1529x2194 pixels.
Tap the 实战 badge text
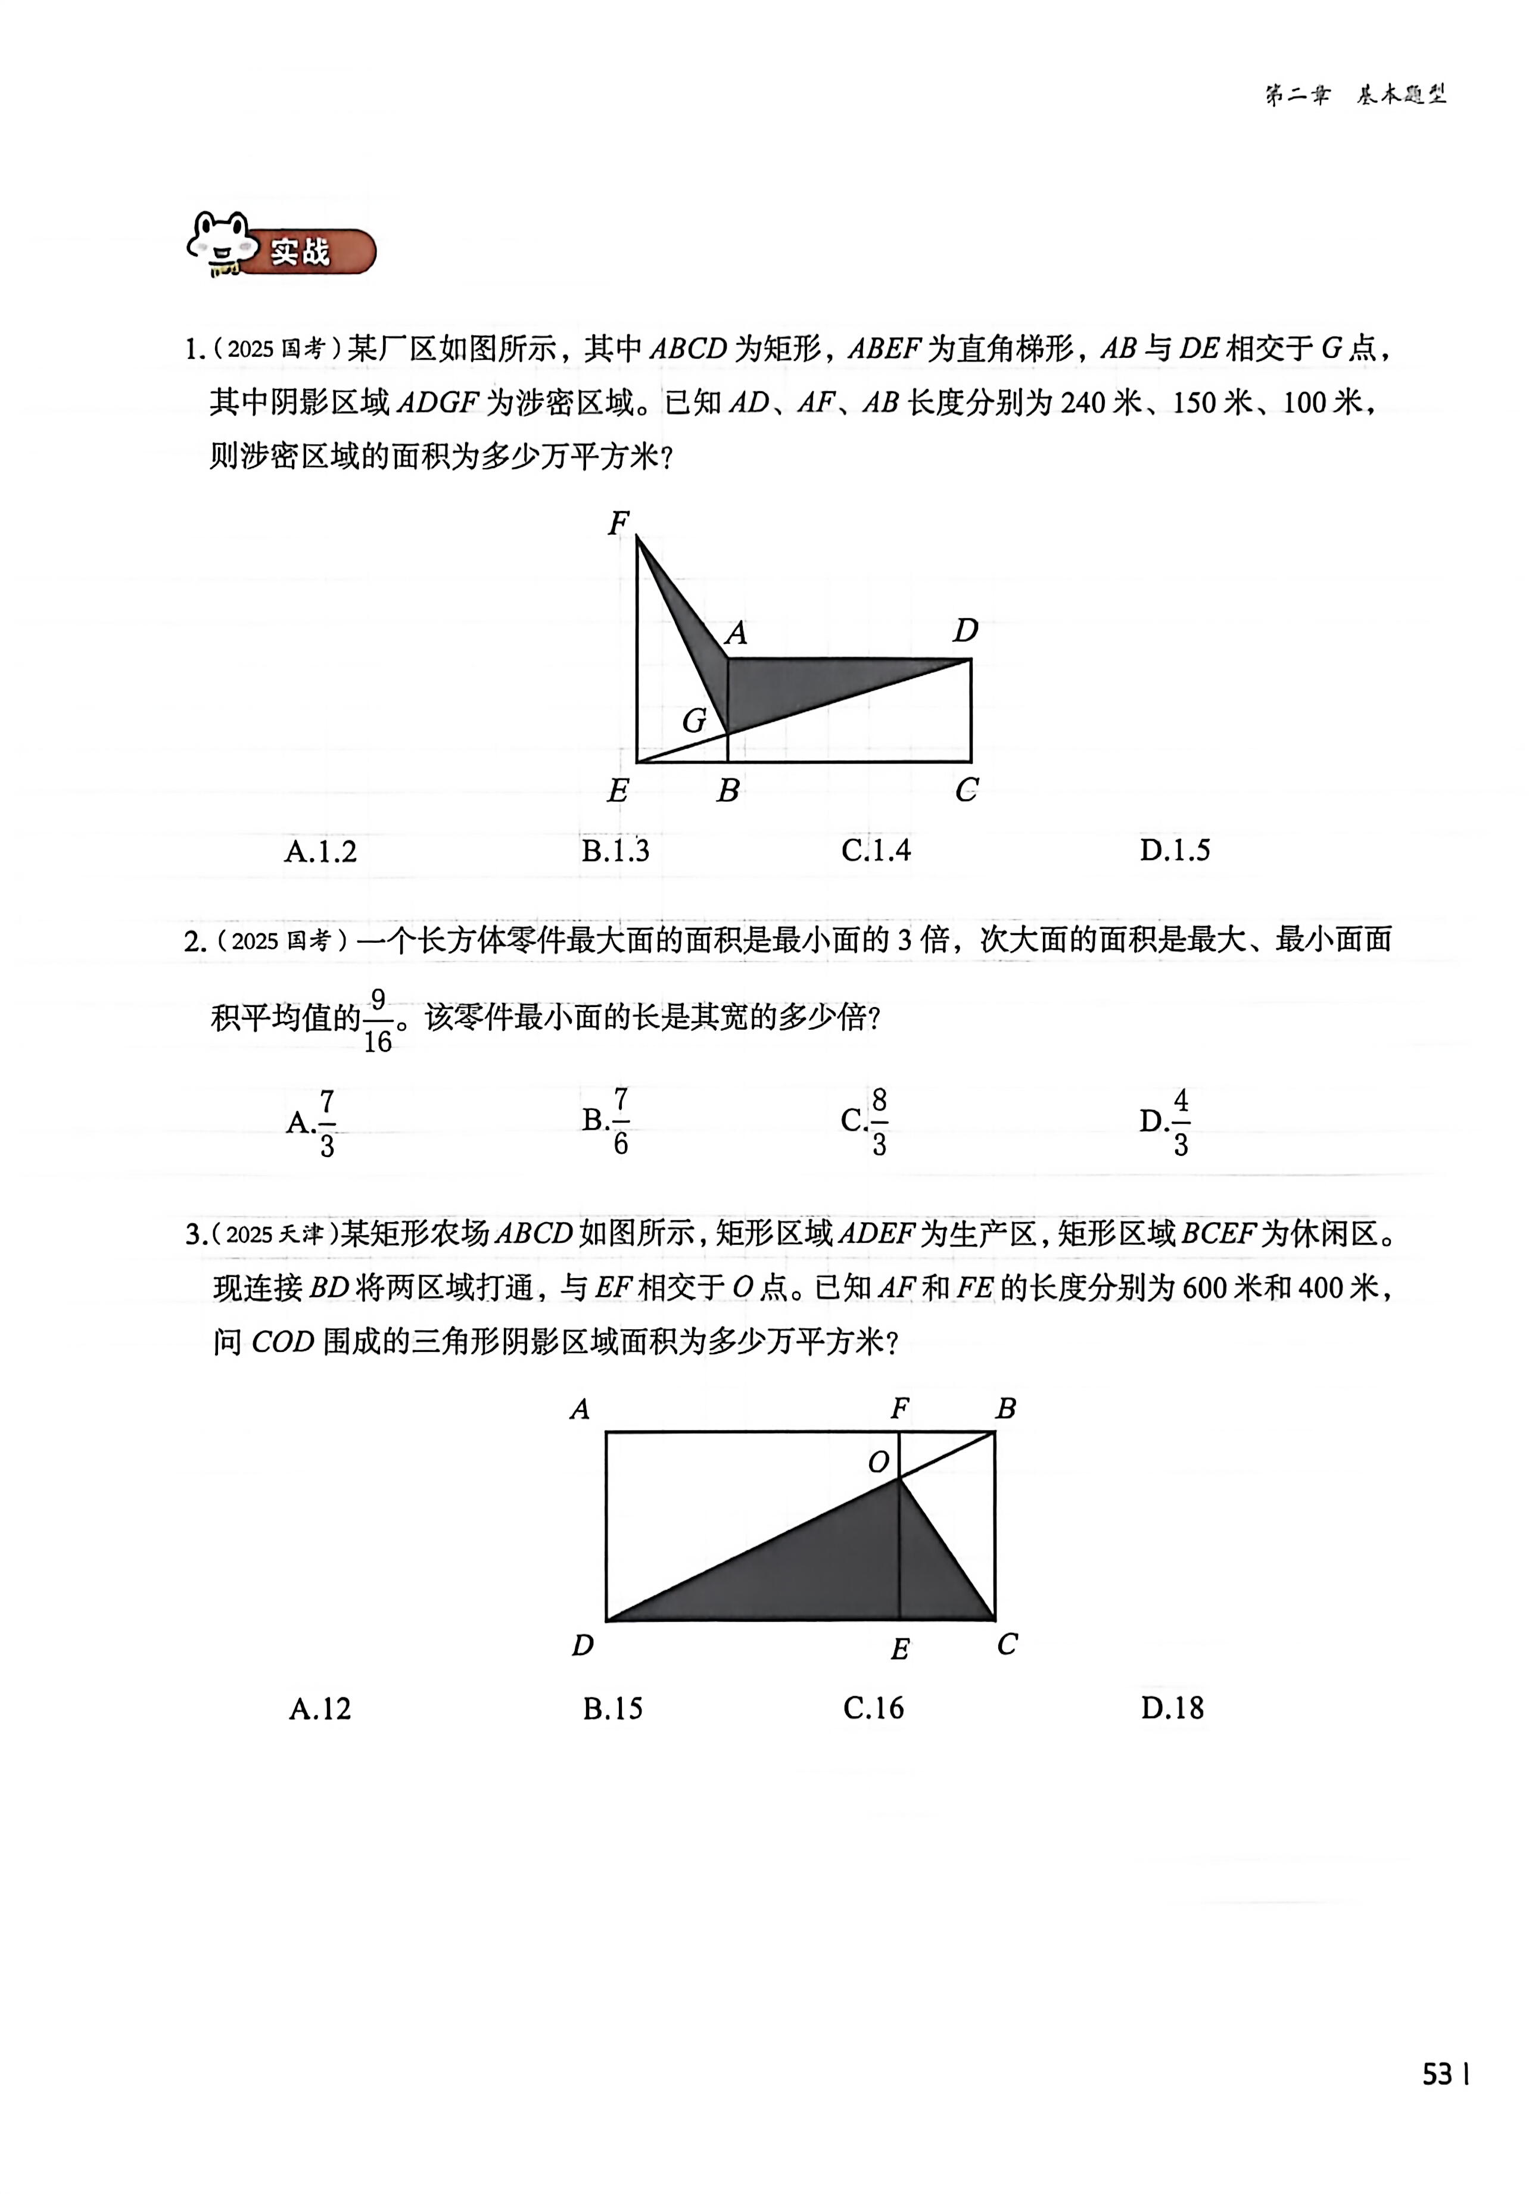pos(300,253)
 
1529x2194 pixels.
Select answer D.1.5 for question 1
pos(1175,849)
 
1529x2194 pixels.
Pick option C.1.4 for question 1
pos(876,849)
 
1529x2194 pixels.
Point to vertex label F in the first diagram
pos(618,523)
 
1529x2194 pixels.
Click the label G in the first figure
pos(694,721)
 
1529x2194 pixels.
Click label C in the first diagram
pos(966,789)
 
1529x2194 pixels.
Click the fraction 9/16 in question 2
pos(378,1021)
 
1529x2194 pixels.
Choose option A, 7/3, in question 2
pos(313,1122)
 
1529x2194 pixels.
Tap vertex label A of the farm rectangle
pos(579,1410)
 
